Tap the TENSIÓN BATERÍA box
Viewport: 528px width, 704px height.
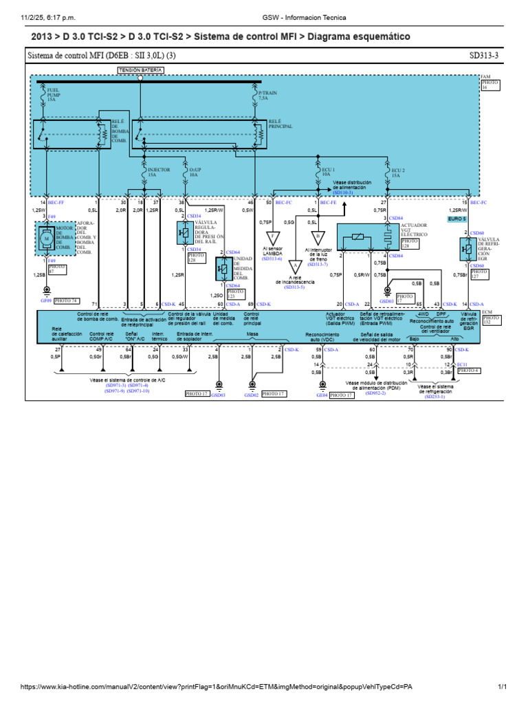coord(141,70)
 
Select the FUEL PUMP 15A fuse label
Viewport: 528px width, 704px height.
coord(53,94)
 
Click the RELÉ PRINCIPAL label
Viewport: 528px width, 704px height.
coord(281,124)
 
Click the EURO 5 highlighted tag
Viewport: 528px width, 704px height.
coord(457,218)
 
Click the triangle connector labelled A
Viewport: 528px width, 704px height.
coord(295,265)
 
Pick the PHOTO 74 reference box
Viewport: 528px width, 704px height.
coord(66,300)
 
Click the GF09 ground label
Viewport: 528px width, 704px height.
coord(45,300)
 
